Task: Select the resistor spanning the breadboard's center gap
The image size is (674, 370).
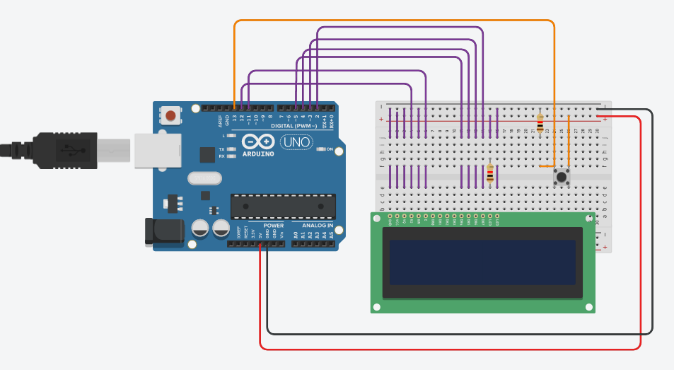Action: point(491,173)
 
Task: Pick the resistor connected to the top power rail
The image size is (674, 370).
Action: point(541,123)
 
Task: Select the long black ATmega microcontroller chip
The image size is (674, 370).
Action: point(283,205)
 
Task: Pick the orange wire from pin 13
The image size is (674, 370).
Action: point(396,22)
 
